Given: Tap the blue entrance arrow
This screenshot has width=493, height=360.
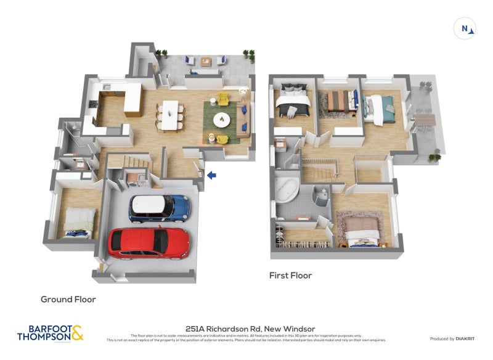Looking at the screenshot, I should [211, 176].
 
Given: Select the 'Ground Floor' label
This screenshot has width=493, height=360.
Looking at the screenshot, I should [68, 300].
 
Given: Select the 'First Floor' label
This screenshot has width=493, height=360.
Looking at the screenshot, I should [290, 276].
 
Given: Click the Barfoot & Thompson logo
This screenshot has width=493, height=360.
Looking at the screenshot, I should [50, 333].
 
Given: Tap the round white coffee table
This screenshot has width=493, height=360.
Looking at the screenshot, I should [221, 118].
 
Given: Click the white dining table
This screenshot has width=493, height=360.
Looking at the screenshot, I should [168, 115].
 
